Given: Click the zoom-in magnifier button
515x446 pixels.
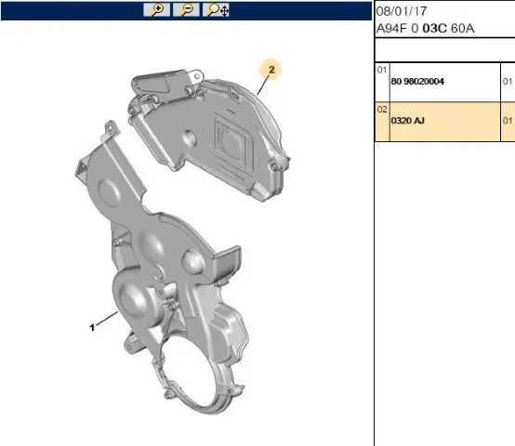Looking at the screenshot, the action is pos(157,10).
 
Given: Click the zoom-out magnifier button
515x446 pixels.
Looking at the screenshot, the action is pos(186,10).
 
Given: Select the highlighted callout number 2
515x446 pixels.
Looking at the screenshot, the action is pos(271,70).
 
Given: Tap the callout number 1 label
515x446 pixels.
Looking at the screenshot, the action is pos(92,327).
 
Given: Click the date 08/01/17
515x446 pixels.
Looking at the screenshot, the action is pos(402,11).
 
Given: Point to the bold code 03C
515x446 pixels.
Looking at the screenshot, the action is pos(434,28).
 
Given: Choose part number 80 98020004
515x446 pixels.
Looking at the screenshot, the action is pos(417,82).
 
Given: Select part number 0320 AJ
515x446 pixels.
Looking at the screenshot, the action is pos(407,121).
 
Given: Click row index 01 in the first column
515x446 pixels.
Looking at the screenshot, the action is pos(382,70).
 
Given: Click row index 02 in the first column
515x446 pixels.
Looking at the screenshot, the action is pos(382,110).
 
